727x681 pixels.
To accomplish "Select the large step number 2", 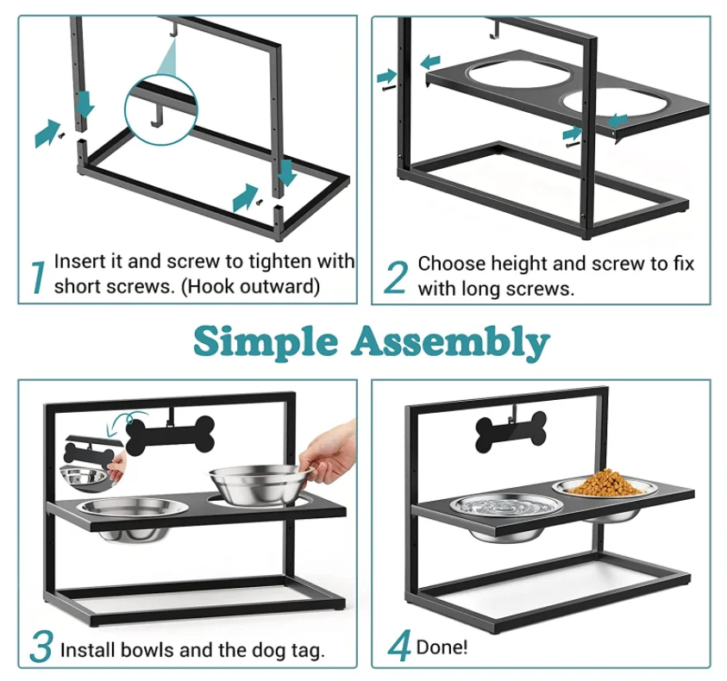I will pyautogui.click(x=396, y=278).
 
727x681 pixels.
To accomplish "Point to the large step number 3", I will pyautogui.click(x=41, y=648).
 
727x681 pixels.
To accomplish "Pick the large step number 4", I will pyautogui.click(x=398, y=648).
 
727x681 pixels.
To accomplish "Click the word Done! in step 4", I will pyautogui.click(x=442, y=647).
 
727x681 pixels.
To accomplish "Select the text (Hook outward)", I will pyautogui.click(x=258, y=286).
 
